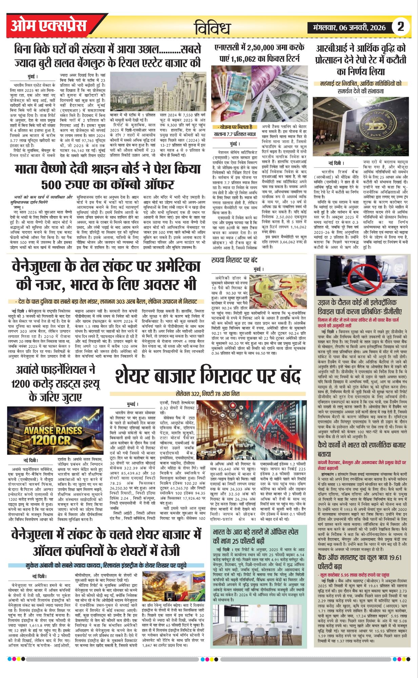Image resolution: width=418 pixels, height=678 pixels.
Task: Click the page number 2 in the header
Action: (401, 26)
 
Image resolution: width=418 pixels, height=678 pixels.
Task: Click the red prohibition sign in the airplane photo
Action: (359, 275)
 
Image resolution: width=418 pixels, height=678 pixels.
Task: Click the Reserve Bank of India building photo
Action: (361, 126)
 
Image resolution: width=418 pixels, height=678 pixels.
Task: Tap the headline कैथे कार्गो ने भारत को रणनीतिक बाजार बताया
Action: (361, 449)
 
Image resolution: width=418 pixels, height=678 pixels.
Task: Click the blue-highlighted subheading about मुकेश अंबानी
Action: (106, 565)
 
